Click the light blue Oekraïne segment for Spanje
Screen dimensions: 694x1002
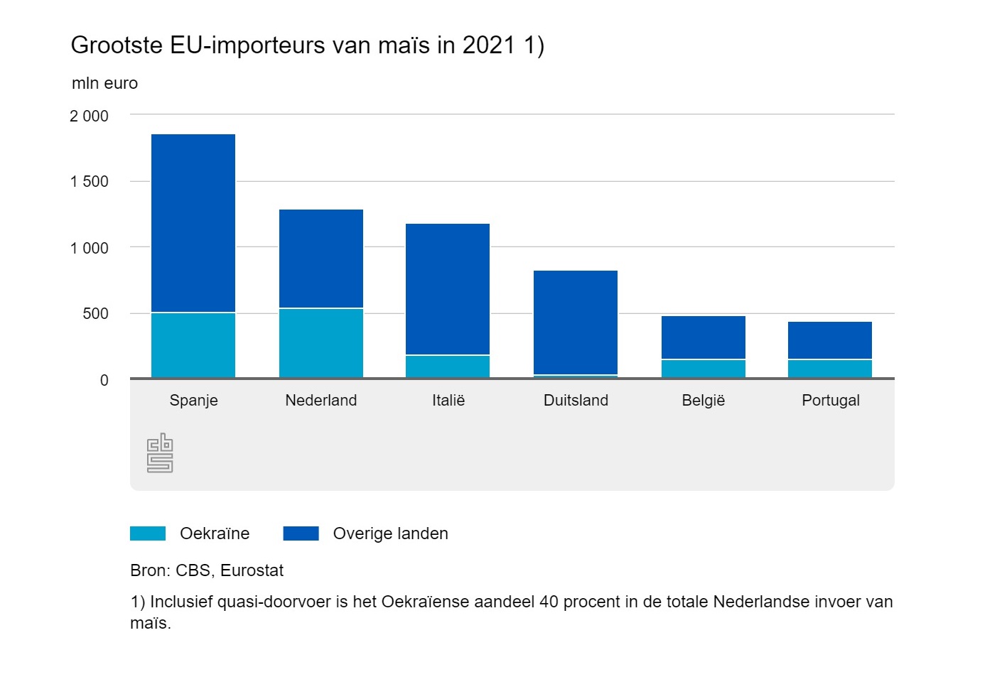click(193, 345)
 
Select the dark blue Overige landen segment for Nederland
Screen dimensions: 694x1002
click(321, 259)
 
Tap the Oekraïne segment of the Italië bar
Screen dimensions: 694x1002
click(448, 367)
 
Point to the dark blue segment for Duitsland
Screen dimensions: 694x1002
click(576, 322)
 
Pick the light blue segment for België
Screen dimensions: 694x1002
click(704, 369)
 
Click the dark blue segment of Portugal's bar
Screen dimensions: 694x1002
click(830, 340)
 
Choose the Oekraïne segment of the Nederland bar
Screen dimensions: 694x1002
click(321, 343)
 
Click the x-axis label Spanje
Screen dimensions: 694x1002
click(193, 401)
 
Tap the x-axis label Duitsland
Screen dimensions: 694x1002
click(576, 401)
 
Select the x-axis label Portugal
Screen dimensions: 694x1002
click(830, 401)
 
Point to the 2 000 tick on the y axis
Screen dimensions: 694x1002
click(89, 116)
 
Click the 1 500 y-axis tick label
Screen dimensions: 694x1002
click(89, 182)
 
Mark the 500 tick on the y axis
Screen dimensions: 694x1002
click(95, 314)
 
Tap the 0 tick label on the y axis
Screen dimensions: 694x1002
click(104, 381)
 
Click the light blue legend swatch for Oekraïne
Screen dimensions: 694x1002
click(148, 533)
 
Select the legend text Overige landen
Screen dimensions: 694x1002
click(390, 533)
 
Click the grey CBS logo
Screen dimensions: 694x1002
click(160, 452)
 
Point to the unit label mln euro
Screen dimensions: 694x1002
click(104, 83)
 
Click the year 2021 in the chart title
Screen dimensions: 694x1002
click(488, 45)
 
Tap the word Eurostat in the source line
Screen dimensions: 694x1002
click(252, 570)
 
